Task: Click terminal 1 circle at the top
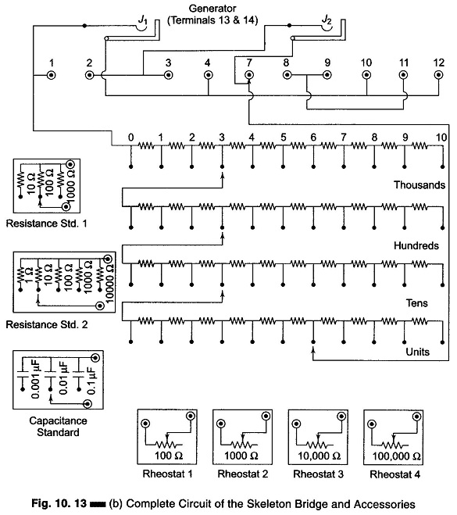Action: pyautogui.click(x=52, y=75)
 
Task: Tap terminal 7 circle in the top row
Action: pyautogui.click(x=249, y=75)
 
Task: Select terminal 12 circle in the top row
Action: pyautogui.click(x=438, y=75)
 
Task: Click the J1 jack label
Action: pyautogui.click(x=142, y=20)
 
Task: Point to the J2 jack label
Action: pyautogui.click(x=327, y=20)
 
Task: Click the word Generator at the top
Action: pyautogui.click(x=212, y=9)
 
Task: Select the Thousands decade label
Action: pyautogui.click(x=420, y=185)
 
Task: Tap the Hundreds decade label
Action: pyautogui.click(x=416, y=245)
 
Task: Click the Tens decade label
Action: pyautogui.click(x=416, y=302)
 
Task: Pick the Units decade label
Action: pyautogui.click(x=417, y=352)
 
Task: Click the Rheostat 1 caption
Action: pyautogui.click(x=167, y=474)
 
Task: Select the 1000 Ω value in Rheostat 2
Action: pyautogui.click(x=241, y=456)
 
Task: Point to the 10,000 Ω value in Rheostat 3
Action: pyautogui.click(x=319, y=456)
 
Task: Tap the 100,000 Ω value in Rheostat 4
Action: pyautogui.click(x=396, y=456)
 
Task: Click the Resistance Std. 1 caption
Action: pyautogui.click(x=47, y=224)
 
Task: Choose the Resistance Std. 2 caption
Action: pyautogui.click(x=47, y=324)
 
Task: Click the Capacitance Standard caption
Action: pyautogui.click(x=58, y=427)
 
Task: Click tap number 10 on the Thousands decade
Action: pyautogui.click(x=441, y=138)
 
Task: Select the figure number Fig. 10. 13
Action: pyautogui.click(x=59, y=503)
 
